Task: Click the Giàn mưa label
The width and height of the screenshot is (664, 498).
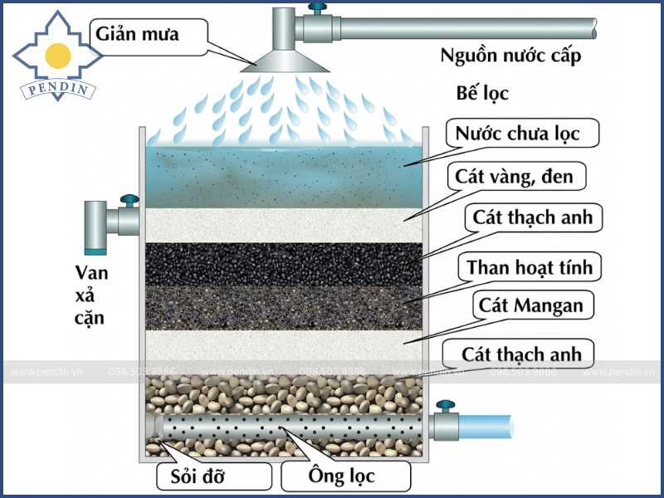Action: click(138, 34)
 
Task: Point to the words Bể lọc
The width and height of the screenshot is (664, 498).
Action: click(482, 93)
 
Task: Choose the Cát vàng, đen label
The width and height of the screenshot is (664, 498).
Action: click(520, 177)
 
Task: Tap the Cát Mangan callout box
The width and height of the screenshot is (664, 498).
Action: click(531, 305)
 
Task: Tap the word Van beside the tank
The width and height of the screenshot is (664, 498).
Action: click(91, 272)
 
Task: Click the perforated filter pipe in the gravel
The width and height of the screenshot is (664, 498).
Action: click(290, 424)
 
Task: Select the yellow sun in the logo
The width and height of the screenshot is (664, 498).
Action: click(57, 55)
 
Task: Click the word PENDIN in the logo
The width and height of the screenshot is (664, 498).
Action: click(57, 89)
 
